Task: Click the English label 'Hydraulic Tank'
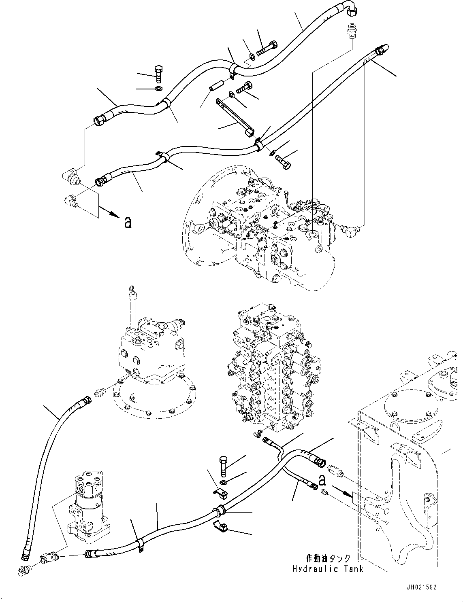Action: [x=328, y=569]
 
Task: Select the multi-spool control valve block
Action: [x=275, y=372]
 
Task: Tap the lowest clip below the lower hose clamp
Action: [x=221, y=527]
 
